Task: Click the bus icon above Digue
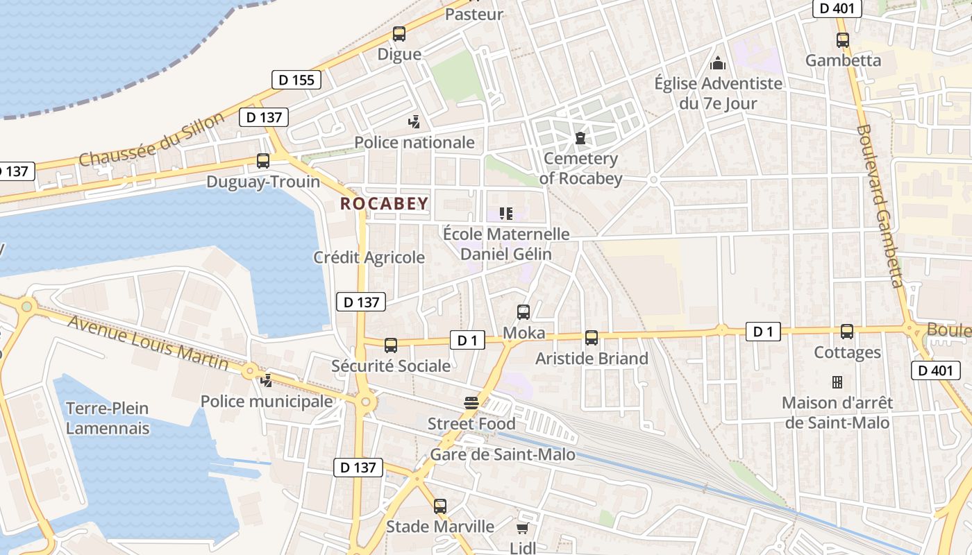pos(399,33)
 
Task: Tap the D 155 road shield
pos(297,80)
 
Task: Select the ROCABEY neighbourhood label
pos(384,203)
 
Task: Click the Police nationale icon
pos(414,122)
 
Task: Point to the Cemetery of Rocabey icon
pos(580,138)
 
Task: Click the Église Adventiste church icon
pos(718,63)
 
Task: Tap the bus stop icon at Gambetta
pos(843,40)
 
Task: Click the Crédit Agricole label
pos(369,257)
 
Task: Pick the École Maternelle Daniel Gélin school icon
pos(506,214)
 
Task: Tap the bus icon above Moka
pos(523,312)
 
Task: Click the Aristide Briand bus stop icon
pos(592,338)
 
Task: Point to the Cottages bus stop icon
pos(847,332)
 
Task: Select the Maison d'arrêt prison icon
pos(837,382)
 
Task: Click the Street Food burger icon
pos(471,403)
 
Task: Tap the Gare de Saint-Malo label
pos(503,454)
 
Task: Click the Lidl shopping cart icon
pos(523,529)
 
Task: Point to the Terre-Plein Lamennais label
pos(108,418)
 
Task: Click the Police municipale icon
pos(266,380)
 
